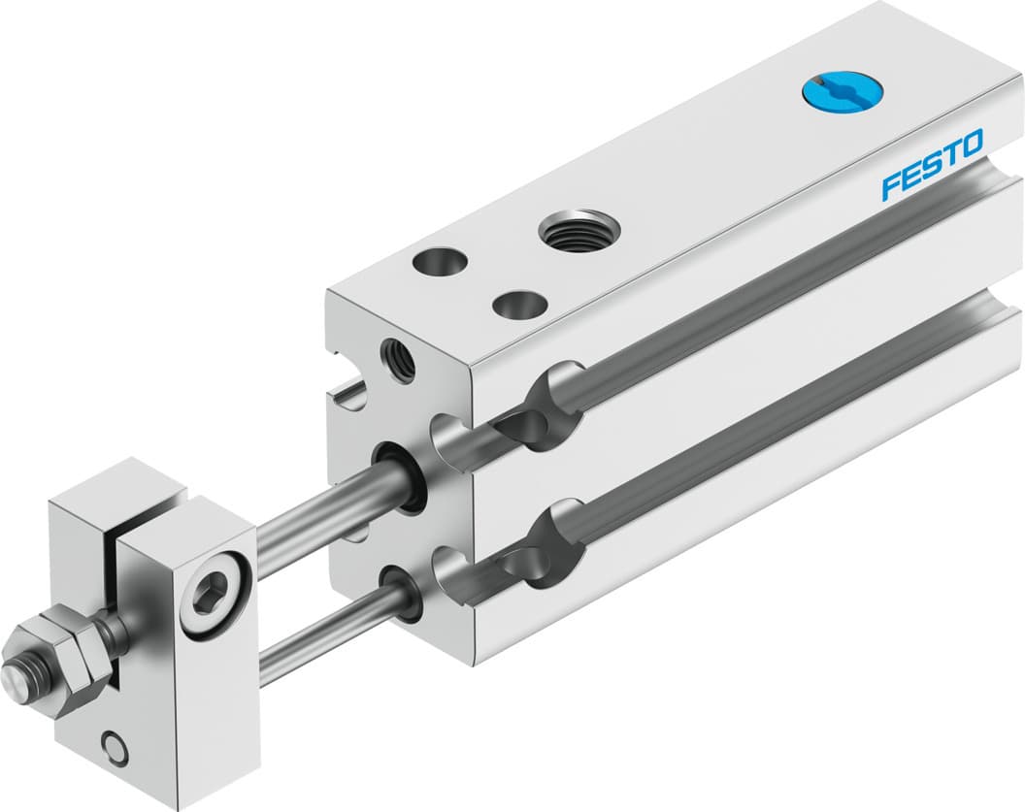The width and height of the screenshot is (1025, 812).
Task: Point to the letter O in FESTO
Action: click(x=972, y=144)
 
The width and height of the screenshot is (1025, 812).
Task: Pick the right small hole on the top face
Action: click(x=514, y=304)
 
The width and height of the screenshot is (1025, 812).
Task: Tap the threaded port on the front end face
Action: click(x=399, y=359)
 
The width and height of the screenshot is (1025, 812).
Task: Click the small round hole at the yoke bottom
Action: click(x=116, y=748)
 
